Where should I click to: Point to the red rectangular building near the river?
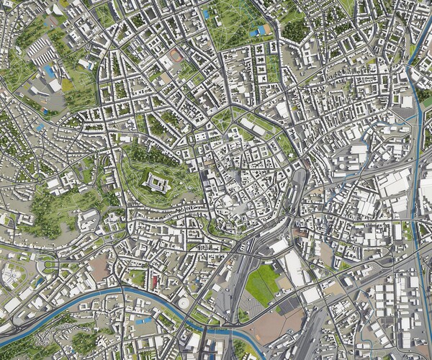point(153,279)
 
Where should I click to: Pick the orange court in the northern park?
point(267,30)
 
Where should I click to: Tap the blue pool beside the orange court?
point(256,32)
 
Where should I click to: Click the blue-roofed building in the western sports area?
point(49,71)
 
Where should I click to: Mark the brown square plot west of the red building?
point(100,269)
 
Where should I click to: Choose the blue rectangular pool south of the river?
point(146,320)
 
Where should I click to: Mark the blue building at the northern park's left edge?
point(207,14)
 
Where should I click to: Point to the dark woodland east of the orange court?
point(296,29)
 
